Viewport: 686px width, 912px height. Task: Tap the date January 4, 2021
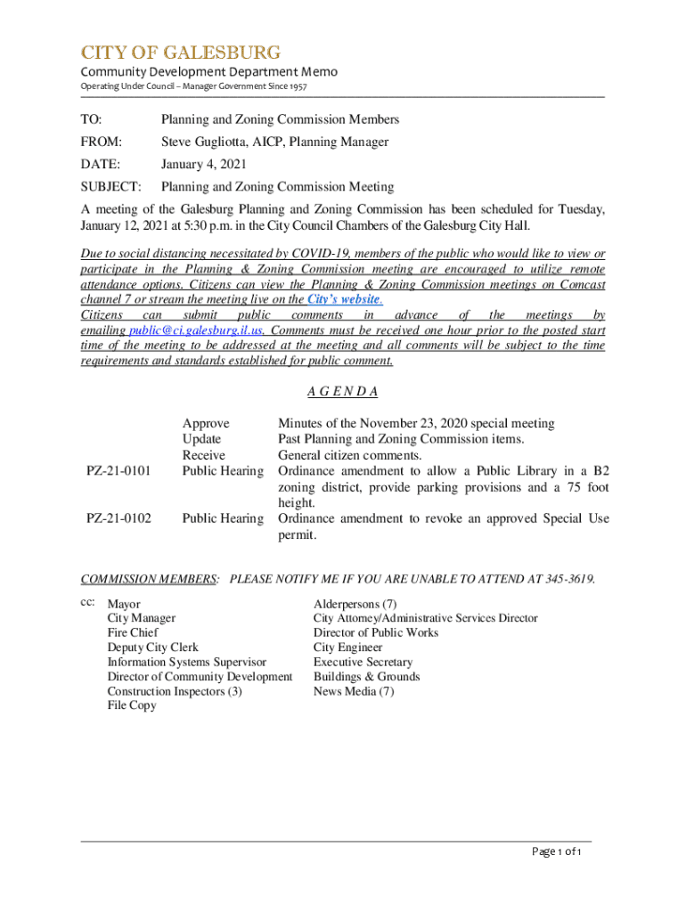(x=203, y=164)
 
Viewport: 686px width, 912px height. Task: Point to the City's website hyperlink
(x=344, y=300)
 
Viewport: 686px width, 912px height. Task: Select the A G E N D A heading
(x=343, y=392)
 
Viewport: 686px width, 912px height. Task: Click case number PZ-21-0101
(x=118, y=470)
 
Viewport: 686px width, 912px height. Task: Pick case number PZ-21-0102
(x=118, y=518)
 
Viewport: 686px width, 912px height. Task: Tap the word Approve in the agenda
(x=205, y=423)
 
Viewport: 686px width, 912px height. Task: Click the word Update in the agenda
(x=201, y=439)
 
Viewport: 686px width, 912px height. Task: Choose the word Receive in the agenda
(x=204, y=455)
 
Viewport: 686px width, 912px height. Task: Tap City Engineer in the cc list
(x=347, y=647)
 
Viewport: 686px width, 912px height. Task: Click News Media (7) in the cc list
(x=353, y=691)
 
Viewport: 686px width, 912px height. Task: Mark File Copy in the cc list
(x=132, y=705)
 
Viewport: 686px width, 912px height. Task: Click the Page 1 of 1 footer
(x=557, y=852)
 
